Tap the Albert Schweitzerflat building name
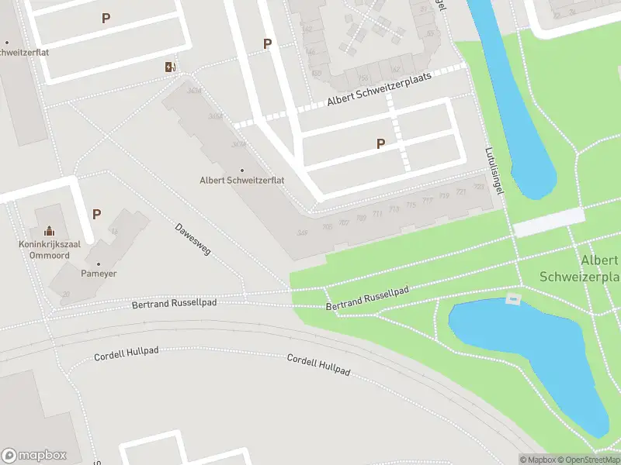coord(241,181)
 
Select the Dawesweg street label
coord(193,240)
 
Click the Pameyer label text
coord(99,274)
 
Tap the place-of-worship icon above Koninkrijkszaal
coord(50,230)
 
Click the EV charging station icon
coord(170,67)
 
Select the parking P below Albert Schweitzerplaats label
coord(380,143)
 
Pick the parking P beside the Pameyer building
coord(96,214)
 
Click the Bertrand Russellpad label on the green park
coord(367,300)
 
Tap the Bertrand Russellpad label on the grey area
coord(175,303)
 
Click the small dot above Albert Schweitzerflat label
coord(241,170)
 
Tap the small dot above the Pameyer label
coord(99,264)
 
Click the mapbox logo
coord(33,456)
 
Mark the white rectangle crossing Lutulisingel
coord(548,222)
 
